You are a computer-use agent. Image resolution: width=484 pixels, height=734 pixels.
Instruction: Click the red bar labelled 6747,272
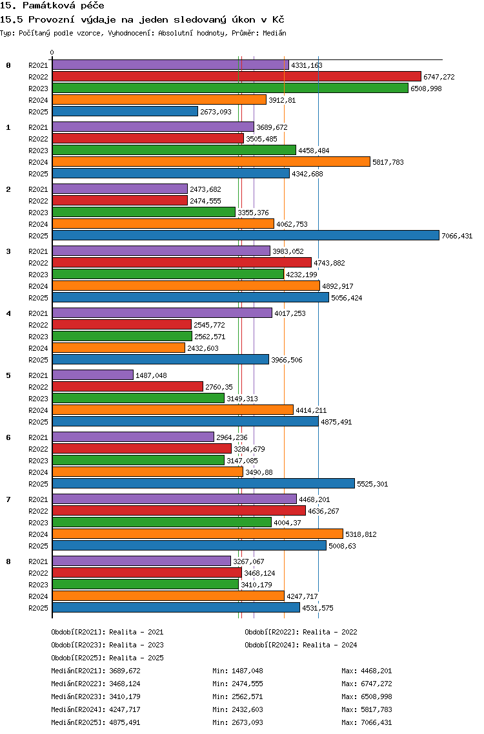tap(237, 77)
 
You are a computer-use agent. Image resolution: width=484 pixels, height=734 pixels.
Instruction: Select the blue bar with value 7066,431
tap(245, 236)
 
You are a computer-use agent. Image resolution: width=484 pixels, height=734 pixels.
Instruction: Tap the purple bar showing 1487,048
tap(92, 375)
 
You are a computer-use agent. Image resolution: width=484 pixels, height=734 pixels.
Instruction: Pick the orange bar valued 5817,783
tap(211, 162)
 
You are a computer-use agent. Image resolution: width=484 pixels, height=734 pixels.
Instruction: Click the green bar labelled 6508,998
tap(230, 89)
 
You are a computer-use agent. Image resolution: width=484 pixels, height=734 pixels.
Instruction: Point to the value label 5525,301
tap(372, 484)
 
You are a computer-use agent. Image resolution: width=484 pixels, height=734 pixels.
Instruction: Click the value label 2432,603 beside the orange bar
tap(203, 348)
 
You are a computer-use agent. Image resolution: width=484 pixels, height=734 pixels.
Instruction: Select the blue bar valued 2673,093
tap(125, 111)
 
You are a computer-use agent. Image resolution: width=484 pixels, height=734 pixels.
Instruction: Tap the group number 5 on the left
tap(8, 375)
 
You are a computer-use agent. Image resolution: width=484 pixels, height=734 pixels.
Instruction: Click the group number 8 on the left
tap(8, 561)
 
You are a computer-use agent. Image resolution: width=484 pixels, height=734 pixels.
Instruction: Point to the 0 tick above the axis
tap(52, 52)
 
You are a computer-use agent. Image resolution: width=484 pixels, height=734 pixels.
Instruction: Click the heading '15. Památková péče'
tap(52, 6)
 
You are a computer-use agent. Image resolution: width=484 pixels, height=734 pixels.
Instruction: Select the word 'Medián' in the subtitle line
tap(274, 33)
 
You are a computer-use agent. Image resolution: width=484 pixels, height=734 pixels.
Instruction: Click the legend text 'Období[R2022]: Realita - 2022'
tap(301, 632)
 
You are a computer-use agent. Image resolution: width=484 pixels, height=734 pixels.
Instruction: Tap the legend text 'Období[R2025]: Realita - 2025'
tap(108, 658)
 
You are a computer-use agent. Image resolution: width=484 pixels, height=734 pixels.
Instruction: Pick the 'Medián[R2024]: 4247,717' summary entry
tap(96, 709)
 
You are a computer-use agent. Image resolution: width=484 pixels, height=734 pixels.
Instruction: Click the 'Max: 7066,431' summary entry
tap(367, 722)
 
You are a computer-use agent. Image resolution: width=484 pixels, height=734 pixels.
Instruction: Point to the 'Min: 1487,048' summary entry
tap(237, 671)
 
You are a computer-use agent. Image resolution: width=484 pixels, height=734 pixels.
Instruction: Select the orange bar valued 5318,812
tap(197, 534)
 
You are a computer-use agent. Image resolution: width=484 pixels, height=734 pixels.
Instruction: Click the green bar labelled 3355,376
tap(143, 213)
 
